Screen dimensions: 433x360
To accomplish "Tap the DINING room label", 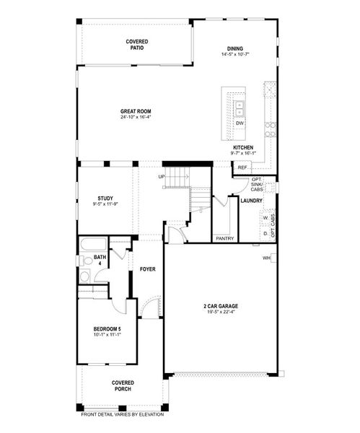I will pos(235,48).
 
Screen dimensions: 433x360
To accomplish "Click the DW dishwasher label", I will pos(240,123).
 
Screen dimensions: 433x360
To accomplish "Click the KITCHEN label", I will pos(243,147).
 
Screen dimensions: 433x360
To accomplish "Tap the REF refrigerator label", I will pos(242,167).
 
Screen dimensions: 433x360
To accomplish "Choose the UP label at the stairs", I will pos(162,176).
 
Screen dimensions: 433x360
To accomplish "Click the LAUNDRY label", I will pos(251,201).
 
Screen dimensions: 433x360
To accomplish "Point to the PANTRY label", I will pos(224,237).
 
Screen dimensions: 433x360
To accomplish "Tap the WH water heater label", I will pos(266,258).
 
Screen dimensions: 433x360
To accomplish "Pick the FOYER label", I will pos(148,269).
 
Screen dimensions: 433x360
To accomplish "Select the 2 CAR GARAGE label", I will pos(220,306).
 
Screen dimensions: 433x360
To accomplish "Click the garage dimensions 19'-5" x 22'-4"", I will pos(220,312).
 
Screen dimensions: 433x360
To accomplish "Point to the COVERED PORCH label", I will pos(122,385).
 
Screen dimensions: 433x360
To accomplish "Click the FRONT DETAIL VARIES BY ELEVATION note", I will pos(122,414).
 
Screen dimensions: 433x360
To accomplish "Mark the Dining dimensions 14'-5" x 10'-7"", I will pos(235,54).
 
